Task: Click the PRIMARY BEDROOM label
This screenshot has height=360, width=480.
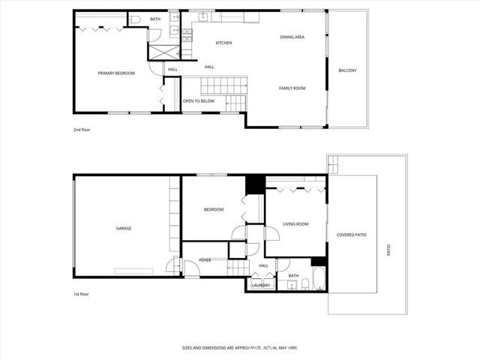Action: (x=116, y=73)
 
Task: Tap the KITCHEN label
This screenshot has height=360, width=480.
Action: (x=223, y=43)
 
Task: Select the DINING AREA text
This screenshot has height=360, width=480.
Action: (x=292, y=37)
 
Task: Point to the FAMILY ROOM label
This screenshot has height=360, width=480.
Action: (x=292, y=88)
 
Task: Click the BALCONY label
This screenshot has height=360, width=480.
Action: (x=347, y=70)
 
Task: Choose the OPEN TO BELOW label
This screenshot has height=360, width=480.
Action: (x=199, y=100)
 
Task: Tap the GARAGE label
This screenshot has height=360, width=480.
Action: (x=124, y=228)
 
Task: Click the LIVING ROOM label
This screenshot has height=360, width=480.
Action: (x=295, y=224)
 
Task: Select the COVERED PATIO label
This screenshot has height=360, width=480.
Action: (x=351, y=235)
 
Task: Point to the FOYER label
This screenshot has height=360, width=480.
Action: (x=205, y=260)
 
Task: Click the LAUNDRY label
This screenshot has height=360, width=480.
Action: (x=261, y=285)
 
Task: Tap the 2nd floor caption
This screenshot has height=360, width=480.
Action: (x=81, y=130)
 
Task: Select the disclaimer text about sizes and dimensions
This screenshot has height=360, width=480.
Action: (x=239, y=348)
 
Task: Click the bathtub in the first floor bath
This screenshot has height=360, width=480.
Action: (x=319, y=279)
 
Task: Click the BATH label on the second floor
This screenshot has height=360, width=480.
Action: (x=155, y=19)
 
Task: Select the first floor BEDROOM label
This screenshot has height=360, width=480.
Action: (x=214, y=209)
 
